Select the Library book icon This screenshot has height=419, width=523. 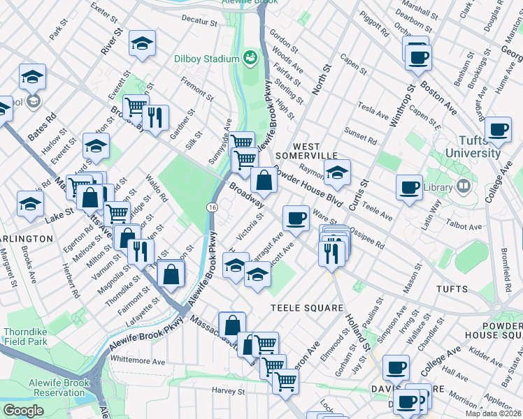462,186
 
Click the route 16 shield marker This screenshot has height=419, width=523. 210,207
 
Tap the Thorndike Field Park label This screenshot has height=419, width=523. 26,337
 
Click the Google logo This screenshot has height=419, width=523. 23,411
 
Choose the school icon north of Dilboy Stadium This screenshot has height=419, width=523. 142,44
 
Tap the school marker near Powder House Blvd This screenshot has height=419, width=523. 337,172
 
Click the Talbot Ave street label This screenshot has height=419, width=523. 466,226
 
